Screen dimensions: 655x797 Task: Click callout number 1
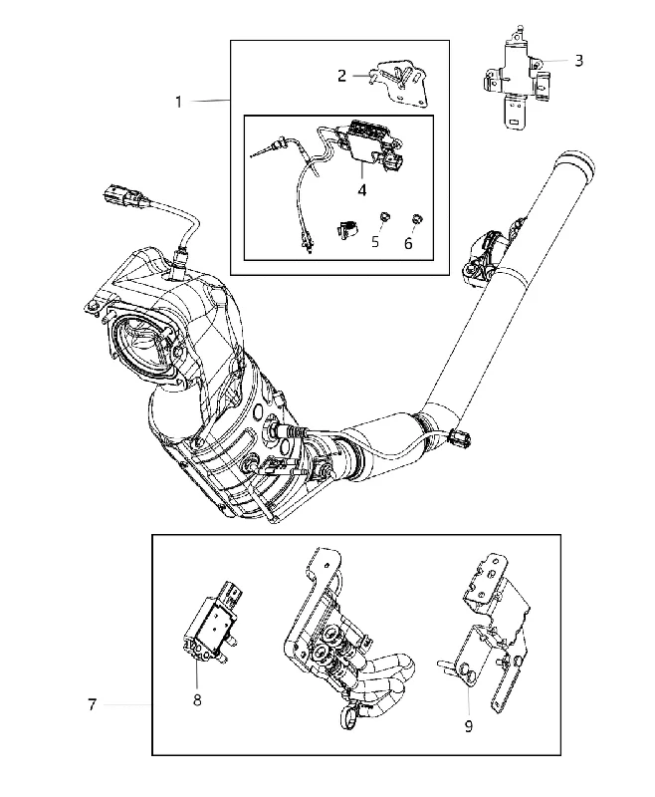(178, 103)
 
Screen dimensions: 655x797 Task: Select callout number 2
(341, 76)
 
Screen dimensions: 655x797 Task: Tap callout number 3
(578, 61)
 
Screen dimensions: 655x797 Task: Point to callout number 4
(361, 190)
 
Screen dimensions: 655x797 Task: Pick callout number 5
(375, 241)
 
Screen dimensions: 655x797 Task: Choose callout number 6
(409, 243)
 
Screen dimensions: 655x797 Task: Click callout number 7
(92, 705)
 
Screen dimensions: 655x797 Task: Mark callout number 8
(197, 700)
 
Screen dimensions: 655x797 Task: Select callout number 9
(469, 726)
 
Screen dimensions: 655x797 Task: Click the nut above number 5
(385, 218)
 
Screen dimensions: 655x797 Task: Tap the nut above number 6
(417, 219)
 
